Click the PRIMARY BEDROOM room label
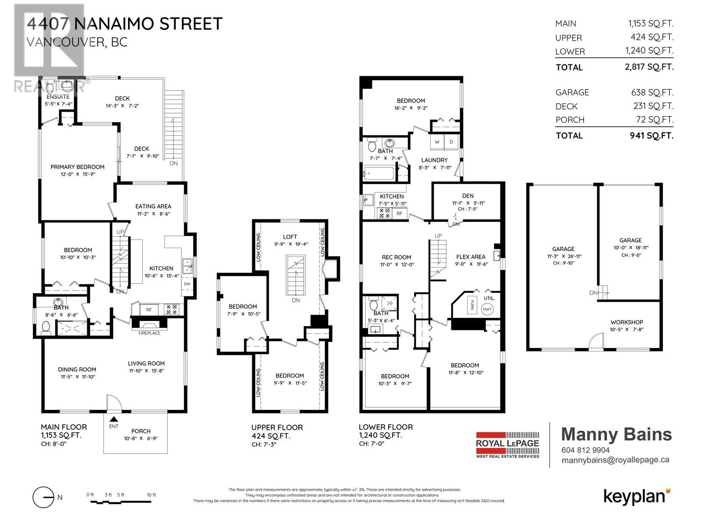click(77, 167)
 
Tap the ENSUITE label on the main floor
click(58, 96)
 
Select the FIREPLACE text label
click(149, 333)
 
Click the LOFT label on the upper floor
click(290, 237)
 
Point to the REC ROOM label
click(397, 257)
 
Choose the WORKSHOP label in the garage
click(627, 322)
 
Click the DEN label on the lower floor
click(467, 196)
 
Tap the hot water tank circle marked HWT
click(487, 309)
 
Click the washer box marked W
click(437, 142)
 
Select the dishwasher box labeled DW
click(187, 284)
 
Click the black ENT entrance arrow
click(113, 419)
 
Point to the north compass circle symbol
click(43, 497)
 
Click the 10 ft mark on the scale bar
click(152, 495)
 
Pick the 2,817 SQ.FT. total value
click(649, 67)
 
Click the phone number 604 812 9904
click(585, 450)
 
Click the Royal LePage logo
click(507, 445)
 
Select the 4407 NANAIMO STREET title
click(124, 24)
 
